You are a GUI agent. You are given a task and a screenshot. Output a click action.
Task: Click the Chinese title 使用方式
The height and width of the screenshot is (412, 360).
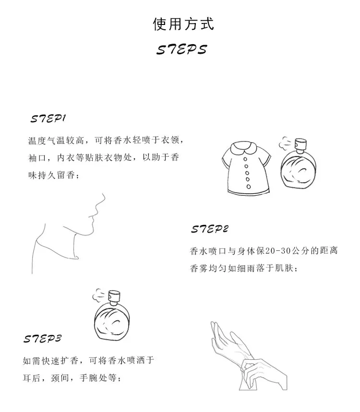[x=183, y=24]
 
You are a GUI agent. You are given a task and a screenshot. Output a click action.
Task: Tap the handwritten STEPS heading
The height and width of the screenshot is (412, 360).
[x=182, y=49]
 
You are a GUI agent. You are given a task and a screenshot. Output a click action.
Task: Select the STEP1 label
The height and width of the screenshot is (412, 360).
[x=48, y=118]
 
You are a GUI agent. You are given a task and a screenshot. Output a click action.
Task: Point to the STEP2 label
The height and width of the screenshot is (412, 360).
[x=210, y=229]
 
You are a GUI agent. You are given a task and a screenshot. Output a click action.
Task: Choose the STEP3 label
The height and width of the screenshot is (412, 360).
[x=42, y=339]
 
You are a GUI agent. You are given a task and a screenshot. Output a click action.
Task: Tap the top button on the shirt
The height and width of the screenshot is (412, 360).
[x=245, y=159]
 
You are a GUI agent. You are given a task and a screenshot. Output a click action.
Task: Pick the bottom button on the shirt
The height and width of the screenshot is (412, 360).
[x=249, y=187]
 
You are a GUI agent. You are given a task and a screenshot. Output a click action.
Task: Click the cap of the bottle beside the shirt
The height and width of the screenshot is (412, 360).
[x=301, y=143]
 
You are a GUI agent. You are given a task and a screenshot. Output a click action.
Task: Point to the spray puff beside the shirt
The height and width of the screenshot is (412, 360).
[x=285, y=142]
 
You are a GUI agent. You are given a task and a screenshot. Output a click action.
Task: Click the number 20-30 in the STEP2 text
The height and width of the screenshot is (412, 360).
[x=278, y=251]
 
